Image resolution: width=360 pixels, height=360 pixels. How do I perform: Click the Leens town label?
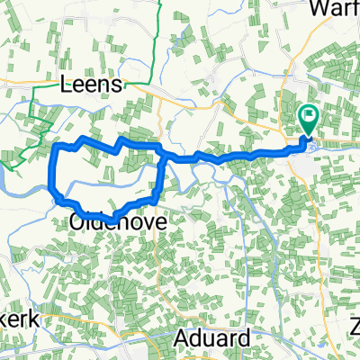pyautogui.click(x=96, y=85)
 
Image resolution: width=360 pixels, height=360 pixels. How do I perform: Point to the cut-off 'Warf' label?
pyautogui.click(x=336, y=8)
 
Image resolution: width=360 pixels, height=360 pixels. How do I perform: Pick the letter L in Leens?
pyautogui.click(x=65, y=85)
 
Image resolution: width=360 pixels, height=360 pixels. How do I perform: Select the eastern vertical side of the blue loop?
pyautogui.click(x=163, y=175)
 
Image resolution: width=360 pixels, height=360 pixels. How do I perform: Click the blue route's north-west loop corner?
pyautogui.click(x=58, y=145)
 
